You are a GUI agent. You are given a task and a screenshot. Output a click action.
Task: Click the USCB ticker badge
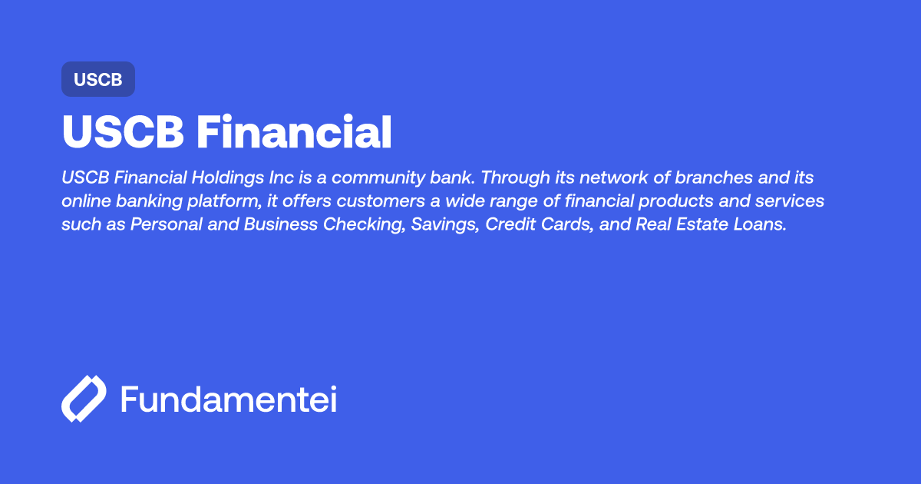98,80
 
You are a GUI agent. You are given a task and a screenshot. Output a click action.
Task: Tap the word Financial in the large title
294,133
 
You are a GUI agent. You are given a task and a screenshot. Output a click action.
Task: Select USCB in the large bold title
123,133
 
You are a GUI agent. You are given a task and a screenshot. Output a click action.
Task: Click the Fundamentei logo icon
83,399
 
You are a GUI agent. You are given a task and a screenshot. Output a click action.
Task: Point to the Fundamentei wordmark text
229,399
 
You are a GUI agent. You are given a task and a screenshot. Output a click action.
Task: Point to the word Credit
508,224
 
